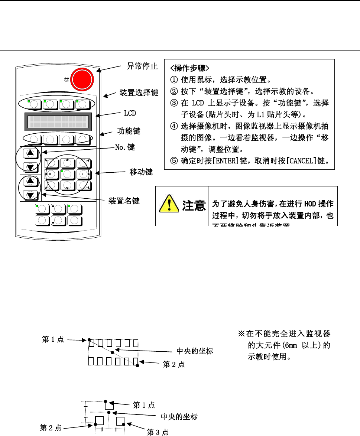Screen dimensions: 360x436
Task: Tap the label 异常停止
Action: click(x=142, y=66)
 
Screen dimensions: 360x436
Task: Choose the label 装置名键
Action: click(x=124, y=201)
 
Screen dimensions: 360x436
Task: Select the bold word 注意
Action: click(x=194, y=205)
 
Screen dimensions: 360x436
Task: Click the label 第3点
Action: click(x=158, y=432)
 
